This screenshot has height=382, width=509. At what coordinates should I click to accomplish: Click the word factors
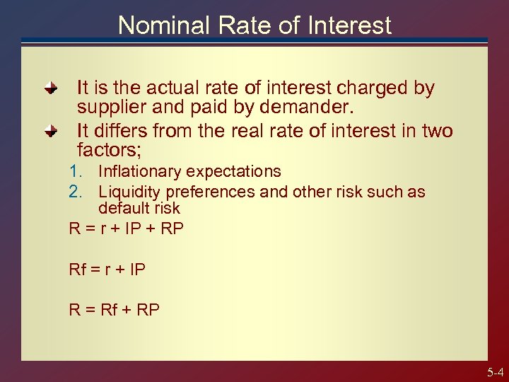point(107,150)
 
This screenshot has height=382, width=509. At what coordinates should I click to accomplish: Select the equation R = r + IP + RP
point(126,228)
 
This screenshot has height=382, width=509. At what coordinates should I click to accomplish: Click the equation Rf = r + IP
point(107,269)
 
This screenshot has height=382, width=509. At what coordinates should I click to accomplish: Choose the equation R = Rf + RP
point(114,309)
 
